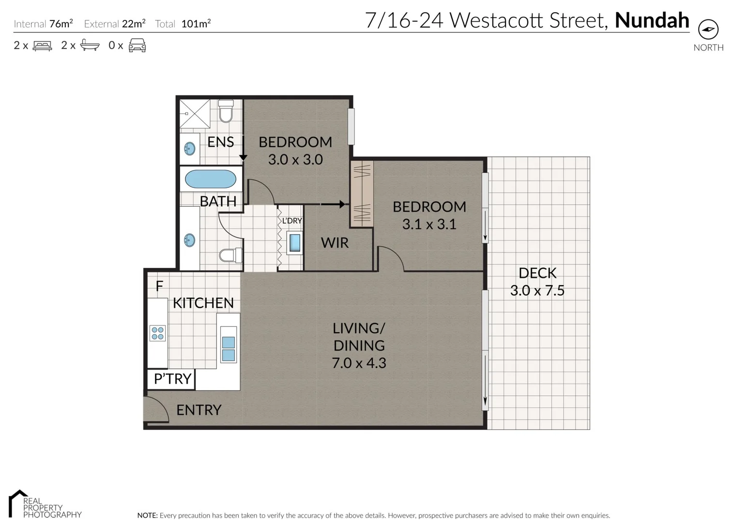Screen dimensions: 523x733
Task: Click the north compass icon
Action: click(x=708, y=30)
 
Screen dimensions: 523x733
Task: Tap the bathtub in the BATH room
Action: click(x=211, y=179)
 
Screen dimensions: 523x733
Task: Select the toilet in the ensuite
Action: click(x=226, y=111)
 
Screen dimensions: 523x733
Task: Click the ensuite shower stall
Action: click(x=195, y=114)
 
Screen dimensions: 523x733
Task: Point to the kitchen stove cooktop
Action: click(x=157, y=333)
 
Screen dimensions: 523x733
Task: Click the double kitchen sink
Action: click(x=228, y=349)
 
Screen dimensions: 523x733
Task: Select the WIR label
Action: click(x=335, y=243)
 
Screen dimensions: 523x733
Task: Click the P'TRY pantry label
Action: click(x=172, y=379)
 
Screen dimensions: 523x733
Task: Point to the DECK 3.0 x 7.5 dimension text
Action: click(x=537, y=291)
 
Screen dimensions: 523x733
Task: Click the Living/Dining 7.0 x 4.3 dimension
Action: click(x=359, y=363)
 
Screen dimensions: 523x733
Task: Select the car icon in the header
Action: click(x=137, y=46)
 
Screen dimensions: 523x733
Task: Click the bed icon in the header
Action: click(x=42, y=46)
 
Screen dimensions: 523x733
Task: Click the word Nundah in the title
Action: click(x=652, y=20)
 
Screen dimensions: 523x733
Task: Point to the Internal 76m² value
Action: click(x=61, y=24)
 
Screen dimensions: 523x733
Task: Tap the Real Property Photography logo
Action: click(x=45, y=505)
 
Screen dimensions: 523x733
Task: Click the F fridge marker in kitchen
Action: click(x=159, y=286)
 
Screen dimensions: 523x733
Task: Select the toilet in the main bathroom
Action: click(x=229, y=255)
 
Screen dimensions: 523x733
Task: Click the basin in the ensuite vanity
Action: click(x=190, y=149)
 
